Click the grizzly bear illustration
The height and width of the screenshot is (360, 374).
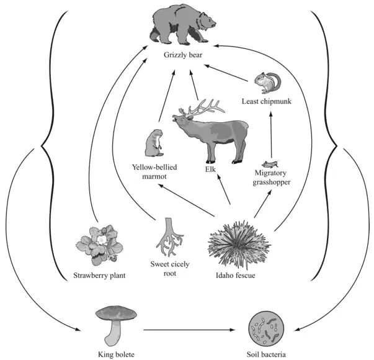point(182,25)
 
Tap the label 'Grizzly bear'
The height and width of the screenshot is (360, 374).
point(183,55)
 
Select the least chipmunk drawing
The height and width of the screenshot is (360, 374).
point(267,83)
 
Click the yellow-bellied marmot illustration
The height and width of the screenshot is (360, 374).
point(154,143)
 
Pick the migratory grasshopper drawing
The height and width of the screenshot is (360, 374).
point(270,164)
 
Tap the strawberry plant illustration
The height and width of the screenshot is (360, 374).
point(99,245)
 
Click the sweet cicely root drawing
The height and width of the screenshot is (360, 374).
point(169,237)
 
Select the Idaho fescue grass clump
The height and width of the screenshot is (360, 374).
point(239,244)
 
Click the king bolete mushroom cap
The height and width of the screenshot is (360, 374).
point(116,313)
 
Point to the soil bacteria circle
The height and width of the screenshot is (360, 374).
point(266,330)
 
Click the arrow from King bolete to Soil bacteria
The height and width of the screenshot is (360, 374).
point(189,330)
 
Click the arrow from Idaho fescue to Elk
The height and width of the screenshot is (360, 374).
point(223,189)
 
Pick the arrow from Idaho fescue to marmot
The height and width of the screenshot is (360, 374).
point(187,200)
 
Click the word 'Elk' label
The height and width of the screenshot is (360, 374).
point(210,169)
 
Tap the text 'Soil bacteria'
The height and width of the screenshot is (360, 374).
point(266,354)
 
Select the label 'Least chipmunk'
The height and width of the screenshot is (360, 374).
point(267,101)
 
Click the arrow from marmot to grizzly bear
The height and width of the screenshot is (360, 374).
point(167,96)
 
